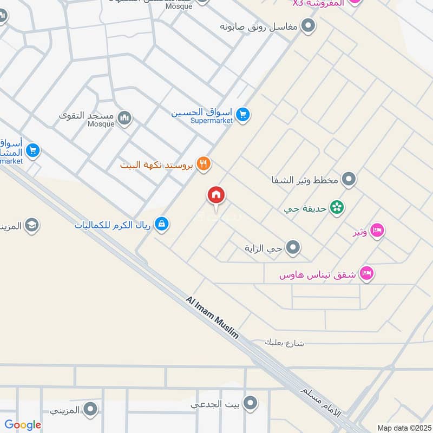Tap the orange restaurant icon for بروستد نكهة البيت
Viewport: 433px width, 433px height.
(204, 163)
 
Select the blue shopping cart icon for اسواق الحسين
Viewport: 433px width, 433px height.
(242, 114)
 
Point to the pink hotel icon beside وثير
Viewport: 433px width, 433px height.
(378, 231)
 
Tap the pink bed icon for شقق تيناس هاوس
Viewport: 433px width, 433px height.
(367, 274)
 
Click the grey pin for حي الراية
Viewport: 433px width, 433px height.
(293, 248)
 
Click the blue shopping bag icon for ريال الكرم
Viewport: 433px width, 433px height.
(161, 223)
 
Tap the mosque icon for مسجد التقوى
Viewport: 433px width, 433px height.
(125, 117)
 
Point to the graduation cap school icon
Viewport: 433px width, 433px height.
(32, 225)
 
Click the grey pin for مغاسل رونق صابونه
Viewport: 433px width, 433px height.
(308, 25)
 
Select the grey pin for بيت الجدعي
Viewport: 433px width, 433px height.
(250, 403)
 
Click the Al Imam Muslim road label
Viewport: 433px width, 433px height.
(212, 317)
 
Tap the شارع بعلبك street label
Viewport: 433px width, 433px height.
(285, 342)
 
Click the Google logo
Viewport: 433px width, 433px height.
(23, 425)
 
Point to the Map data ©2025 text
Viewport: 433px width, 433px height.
(403, 428)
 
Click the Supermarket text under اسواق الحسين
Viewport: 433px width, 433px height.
(212, 121)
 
